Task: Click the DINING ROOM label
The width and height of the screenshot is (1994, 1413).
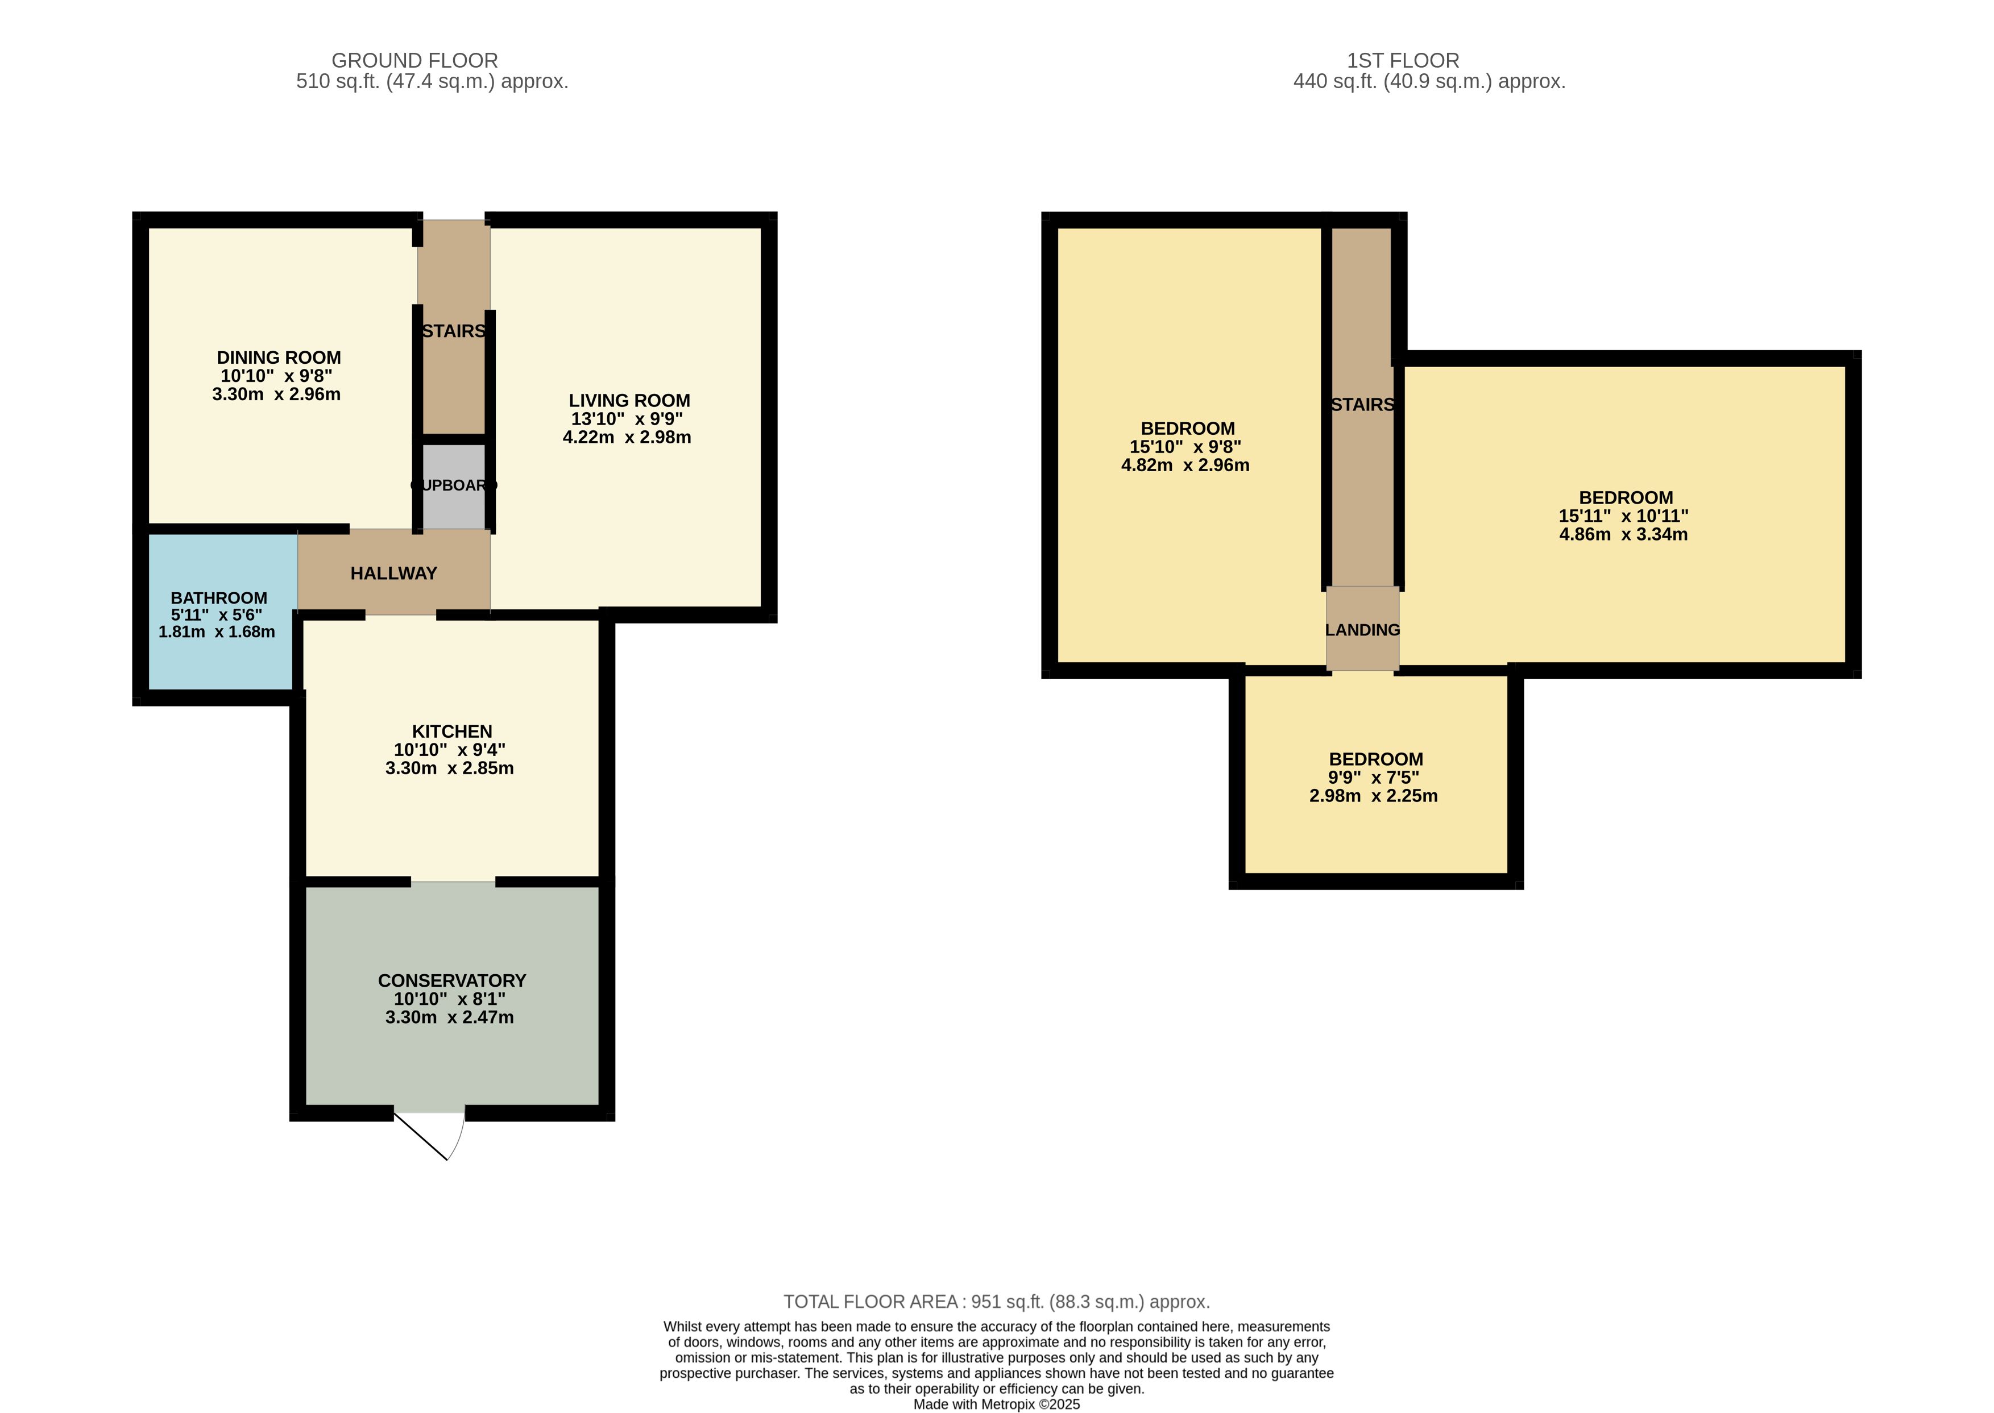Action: point(279,358)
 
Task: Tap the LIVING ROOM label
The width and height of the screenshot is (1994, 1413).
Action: point(629,401)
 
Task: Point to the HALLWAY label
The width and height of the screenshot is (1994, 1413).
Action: point(393,573)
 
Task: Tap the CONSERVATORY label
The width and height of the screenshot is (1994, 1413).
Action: point(451,980)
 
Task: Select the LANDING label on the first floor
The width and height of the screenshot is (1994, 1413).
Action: point(1362,630)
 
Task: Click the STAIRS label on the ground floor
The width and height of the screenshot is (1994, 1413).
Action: point(454,331)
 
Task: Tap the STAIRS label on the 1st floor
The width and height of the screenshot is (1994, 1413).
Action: point(1362,405)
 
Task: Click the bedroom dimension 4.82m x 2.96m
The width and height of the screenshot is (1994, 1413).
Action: point(1185,466)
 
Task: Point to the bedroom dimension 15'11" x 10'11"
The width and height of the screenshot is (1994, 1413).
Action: point(1623,516)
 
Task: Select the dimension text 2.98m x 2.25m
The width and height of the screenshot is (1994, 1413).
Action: point(1374,796)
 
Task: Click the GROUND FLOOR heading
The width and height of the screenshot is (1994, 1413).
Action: point(414,61)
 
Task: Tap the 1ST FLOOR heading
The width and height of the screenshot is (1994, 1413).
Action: point(1403,61)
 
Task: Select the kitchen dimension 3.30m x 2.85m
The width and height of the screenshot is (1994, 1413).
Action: point(449,768)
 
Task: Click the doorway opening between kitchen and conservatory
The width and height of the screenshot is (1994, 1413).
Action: point(453,882)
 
